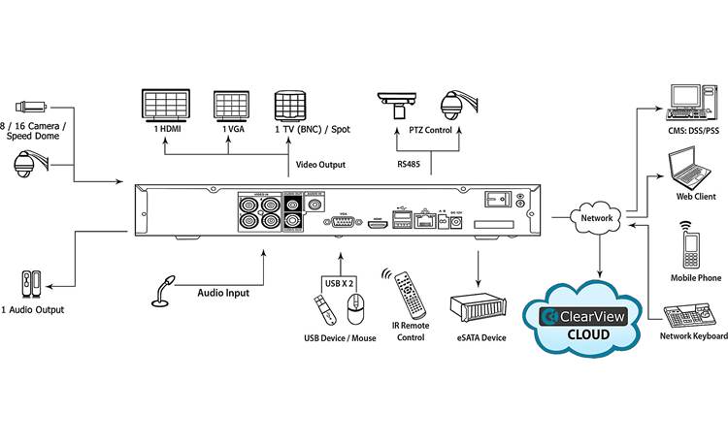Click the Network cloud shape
coord(597,219)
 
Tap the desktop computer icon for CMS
coord(690,103)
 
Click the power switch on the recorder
coord(498,199)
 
